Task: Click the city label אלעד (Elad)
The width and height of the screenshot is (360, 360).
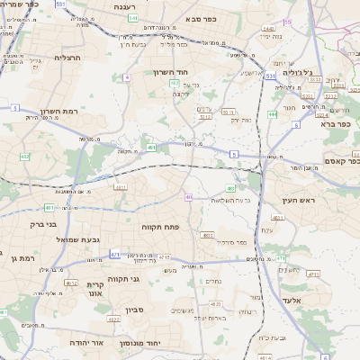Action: (x=296, y=300)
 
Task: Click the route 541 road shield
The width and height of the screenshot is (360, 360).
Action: (x=132, y=17)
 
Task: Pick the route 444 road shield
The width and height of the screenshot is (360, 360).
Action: (x=272, y=115)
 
